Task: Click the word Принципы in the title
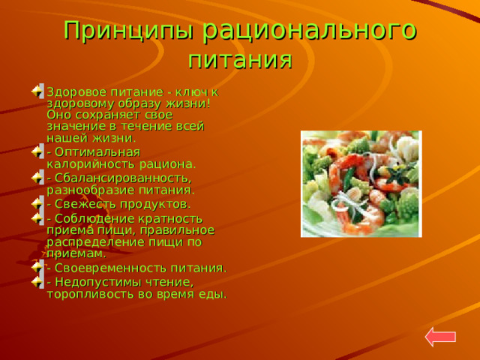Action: [x=129, y=31]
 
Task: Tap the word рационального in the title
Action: [x=310, y=31]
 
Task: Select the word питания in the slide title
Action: [x=240, y=59]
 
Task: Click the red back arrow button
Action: [x=440, y=337]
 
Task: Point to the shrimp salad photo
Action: [x=361, y=184]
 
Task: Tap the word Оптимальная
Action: [x=97, y=152]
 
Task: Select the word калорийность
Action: [x=91, y=164]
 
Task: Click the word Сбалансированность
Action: [x=123, y=178]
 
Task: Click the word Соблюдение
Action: [x=95, y=219]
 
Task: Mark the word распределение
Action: [x=97, y=242]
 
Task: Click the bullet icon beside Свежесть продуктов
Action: [x=37, y=203]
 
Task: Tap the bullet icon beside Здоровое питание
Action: [x=37, y=91]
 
